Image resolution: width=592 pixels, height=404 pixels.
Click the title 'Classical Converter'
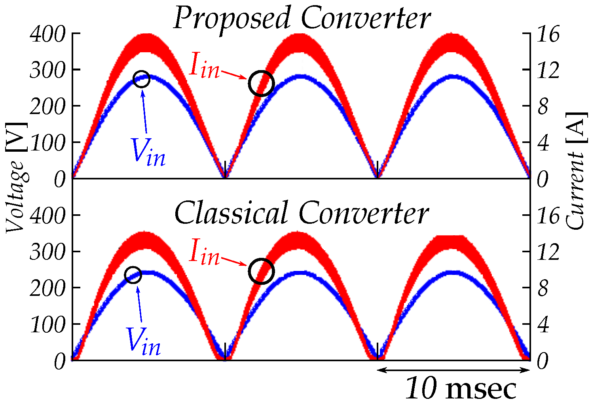(x=302, y=213)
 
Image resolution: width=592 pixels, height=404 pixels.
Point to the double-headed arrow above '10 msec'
(x=453, y=370)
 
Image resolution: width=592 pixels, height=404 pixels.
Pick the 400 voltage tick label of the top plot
(x=47, y=35)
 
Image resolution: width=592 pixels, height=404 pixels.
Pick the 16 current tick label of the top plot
(x=548, y=35)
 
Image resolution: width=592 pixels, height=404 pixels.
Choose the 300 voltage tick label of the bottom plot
(x=47, y=252)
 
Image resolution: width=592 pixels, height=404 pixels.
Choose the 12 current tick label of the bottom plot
(x=548, y=252)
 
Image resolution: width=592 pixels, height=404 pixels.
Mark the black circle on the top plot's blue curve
(x=141, y=79)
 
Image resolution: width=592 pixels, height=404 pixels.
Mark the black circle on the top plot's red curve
(x=261, y=84)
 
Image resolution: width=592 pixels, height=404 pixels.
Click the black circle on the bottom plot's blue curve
(x=133, y=275)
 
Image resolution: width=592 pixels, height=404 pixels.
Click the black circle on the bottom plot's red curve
(x=261, y=271)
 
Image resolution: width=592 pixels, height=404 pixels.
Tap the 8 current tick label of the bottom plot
(x=543, y=288)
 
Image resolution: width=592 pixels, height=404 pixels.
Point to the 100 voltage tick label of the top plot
(x=47, y=143)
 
